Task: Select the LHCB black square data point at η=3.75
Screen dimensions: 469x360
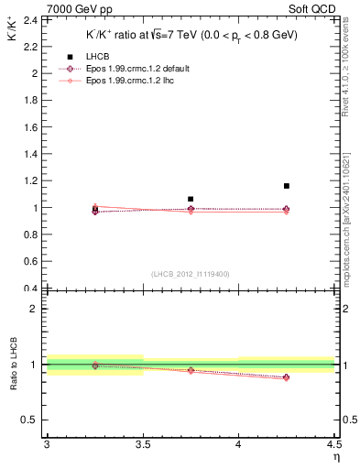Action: click(x=191, y=199)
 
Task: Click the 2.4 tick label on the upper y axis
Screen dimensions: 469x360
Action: click(x=32, y=19)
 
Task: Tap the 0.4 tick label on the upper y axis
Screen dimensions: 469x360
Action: click(x=32, y=289)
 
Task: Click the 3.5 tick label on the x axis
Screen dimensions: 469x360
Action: click(x=142, y=444)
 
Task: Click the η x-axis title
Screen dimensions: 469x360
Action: click(x=336, y=457)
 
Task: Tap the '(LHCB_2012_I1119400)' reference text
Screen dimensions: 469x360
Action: click(x=190, y=274)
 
